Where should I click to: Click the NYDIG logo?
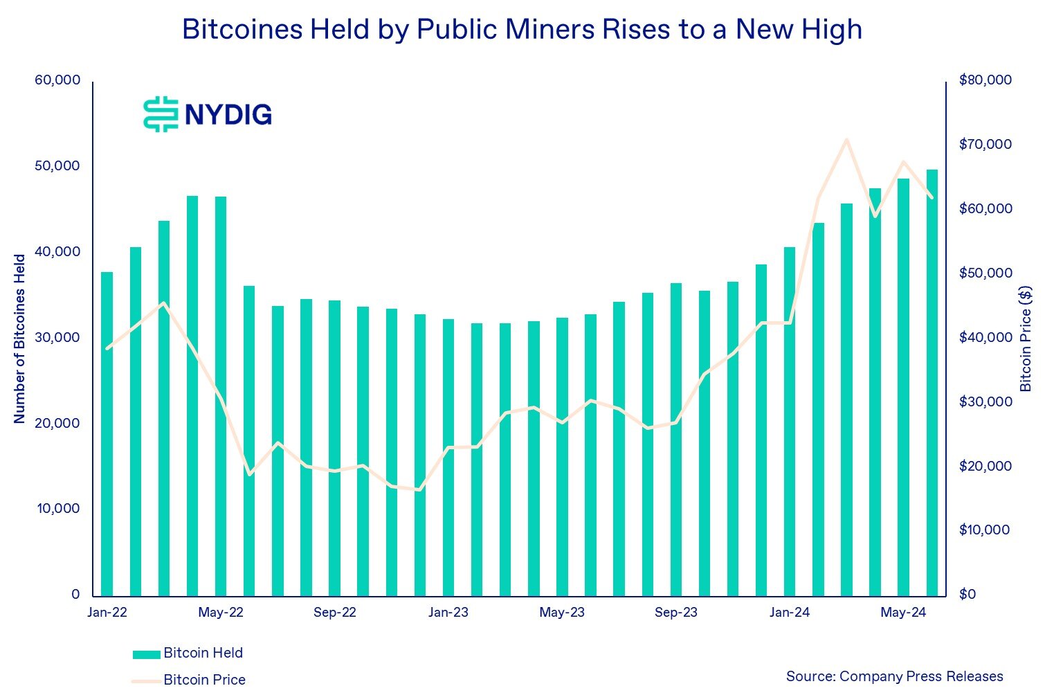208,114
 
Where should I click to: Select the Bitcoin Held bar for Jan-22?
107,433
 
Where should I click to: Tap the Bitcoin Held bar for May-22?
221,396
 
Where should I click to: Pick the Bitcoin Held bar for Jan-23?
448,457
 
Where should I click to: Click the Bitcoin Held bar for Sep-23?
676,439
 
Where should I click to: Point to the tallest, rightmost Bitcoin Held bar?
932,382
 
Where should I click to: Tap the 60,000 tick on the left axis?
57,80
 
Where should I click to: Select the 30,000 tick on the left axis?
57,337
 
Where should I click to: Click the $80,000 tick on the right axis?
985,80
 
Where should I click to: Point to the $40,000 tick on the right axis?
985,337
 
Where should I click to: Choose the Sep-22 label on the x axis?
334,613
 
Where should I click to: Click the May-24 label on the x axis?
903,613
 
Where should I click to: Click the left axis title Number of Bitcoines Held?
19,339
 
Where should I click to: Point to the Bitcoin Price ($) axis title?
1026,339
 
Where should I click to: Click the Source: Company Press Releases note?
894,676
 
